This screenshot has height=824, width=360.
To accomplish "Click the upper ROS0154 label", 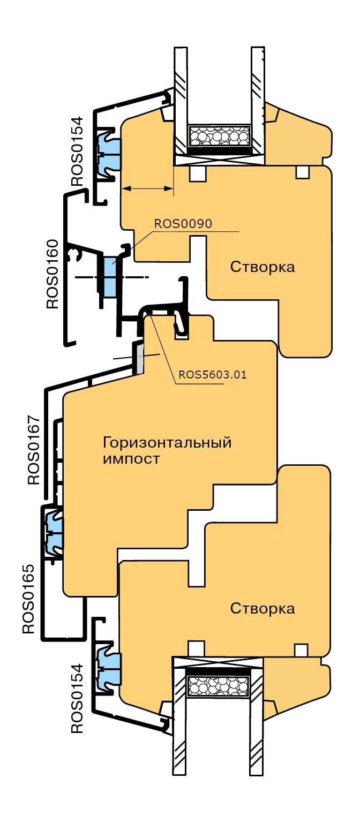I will tap(78, 151).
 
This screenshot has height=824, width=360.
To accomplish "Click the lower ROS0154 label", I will tap(78, 698).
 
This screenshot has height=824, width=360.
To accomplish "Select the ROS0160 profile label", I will tap(52, 274).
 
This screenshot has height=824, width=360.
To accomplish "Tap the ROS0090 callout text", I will tap(183, 223).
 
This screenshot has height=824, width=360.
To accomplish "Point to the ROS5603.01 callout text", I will tap(213, 374).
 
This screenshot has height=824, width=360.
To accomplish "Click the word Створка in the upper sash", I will tap(262, 267).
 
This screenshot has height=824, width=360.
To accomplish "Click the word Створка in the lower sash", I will tap(262, 608).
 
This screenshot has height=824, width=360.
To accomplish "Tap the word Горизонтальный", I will tap(167, 443).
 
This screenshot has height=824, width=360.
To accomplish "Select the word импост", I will tap(131, 459).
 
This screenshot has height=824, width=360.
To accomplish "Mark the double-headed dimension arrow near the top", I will tap(147, 188).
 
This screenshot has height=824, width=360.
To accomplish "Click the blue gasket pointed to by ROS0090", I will tap(110, 276).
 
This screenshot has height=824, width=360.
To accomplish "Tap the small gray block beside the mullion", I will tap(138, 357).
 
